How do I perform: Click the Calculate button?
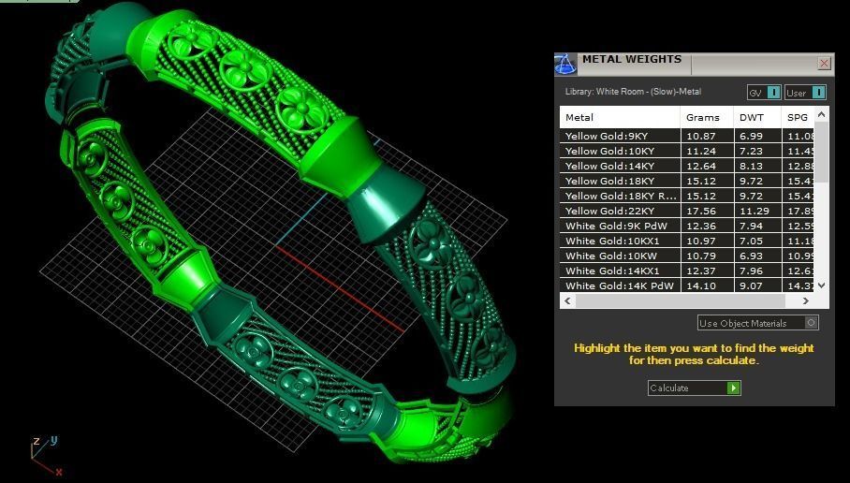click(694, 388)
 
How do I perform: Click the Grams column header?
click(702, 117)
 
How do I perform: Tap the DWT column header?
click(752, 117)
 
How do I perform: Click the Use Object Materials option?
click(757, 323)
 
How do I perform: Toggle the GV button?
click(763, 92)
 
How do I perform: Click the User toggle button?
click(805, 92)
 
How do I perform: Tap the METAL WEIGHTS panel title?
click(632, 59)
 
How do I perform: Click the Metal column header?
click(580, 117)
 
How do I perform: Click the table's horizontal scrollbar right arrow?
click(806, 300)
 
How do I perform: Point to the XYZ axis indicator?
click(43, 453)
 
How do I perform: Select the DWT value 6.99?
click(751, 136)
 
